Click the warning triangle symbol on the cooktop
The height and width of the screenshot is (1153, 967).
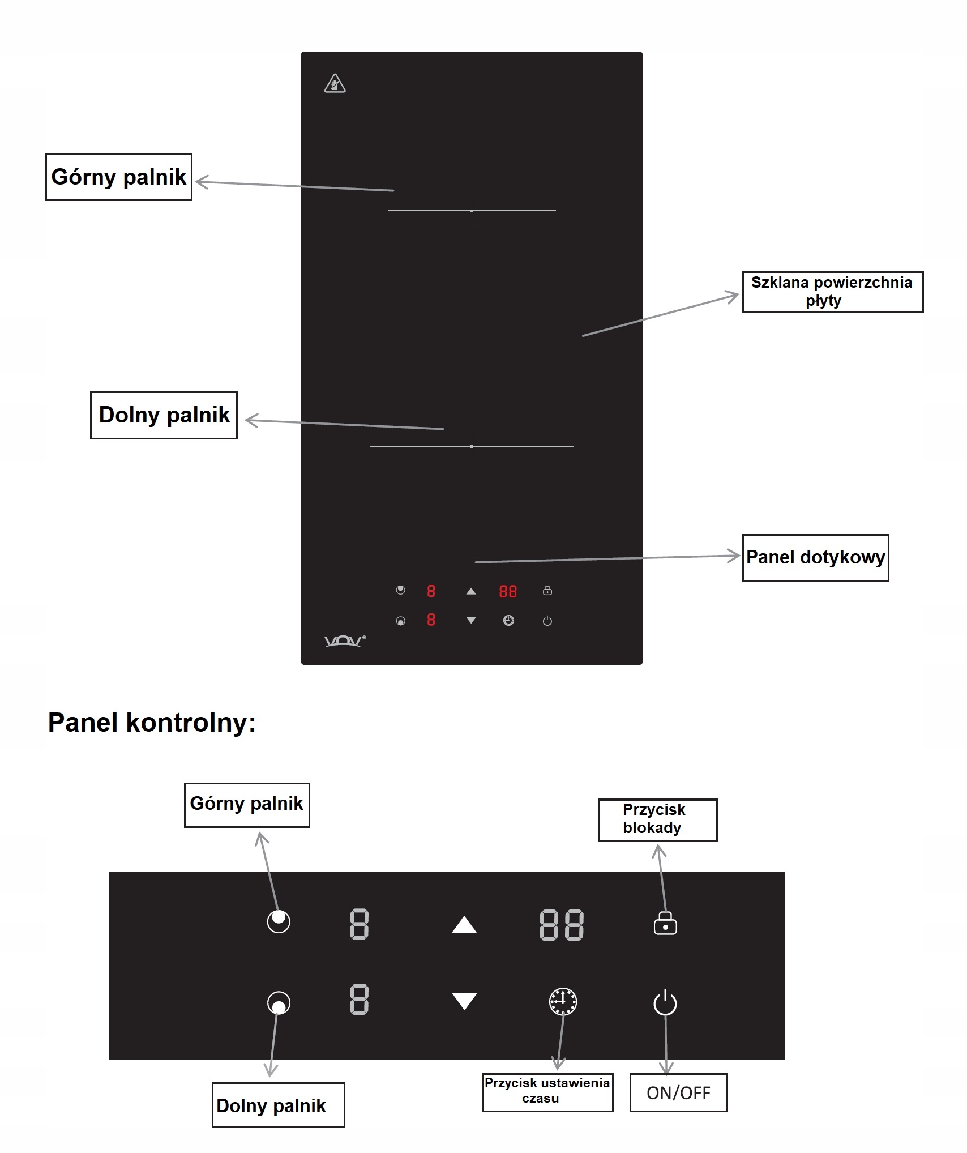tap(335, 84)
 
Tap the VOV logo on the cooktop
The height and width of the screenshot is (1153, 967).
tap(344, 640)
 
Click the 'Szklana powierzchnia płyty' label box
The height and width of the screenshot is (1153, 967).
tap(832, 292)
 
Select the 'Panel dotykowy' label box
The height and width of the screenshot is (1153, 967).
tap(815, 557)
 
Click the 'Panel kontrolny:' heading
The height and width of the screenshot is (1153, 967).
tap(152, 723)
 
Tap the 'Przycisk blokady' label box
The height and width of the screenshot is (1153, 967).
tap(657, 819)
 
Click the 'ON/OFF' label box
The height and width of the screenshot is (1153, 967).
tap(678, 1092)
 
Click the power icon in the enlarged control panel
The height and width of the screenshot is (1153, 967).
tap(665, 1002)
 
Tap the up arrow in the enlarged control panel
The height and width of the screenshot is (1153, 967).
tap(464, 925)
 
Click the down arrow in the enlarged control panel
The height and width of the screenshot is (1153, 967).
tap(464, 1001)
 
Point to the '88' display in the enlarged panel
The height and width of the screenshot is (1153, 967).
tap(561, 925)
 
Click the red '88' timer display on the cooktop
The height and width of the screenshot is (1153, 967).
tap(508, 592)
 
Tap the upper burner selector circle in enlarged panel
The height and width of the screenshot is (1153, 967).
tap(279, 921)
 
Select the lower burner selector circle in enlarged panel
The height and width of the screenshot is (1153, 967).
tap(279, 1003)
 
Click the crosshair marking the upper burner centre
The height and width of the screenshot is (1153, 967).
tap(472, 211)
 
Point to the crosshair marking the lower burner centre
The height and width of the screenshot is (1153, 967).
tap(472, 447)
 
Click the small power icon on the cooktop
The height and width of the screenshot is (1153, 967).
tap(547, 621)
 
